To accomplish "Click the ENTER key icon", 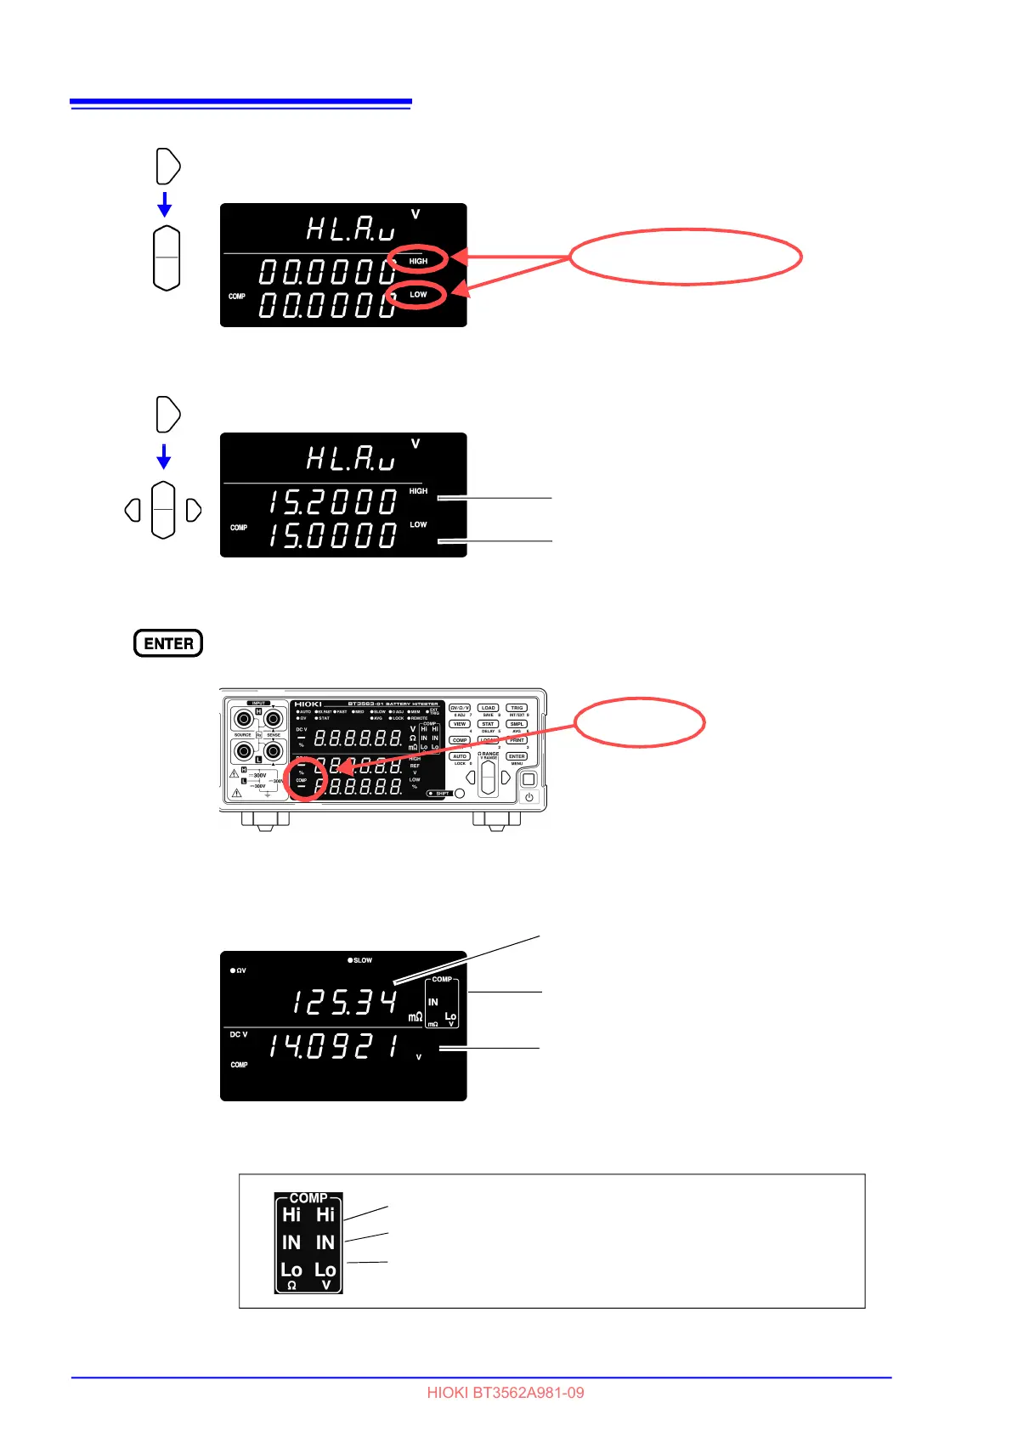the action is coord(168,643).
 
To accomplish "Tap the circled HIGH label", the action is coord(418,261).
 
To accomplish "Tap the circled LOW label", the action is coord(418,295).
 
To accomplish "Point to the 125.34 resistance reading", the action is coord(345,1003).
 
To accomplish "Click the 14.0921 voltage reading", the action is coord(334,1047).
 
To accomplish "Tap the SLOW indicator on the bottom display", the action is coord(360,960).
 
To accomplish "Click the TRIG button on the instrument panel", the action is coord(517,708).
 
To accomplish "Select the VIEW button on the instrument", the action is coord(459,724).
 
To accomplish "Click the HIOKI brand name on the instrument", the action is coord(308,704).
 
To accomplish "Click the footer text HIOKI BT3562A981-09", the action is coord(506,1393).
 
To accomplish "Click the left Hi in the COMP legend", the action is coord(291,1215).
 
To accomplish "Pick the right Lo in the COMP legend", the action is coord(325,1270).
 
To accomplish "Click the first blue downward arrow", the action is coord(165,204).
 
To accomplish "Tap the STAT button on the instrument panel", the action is coord(488,724).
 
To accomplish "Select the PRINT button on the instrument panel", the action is coord(517,740).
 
